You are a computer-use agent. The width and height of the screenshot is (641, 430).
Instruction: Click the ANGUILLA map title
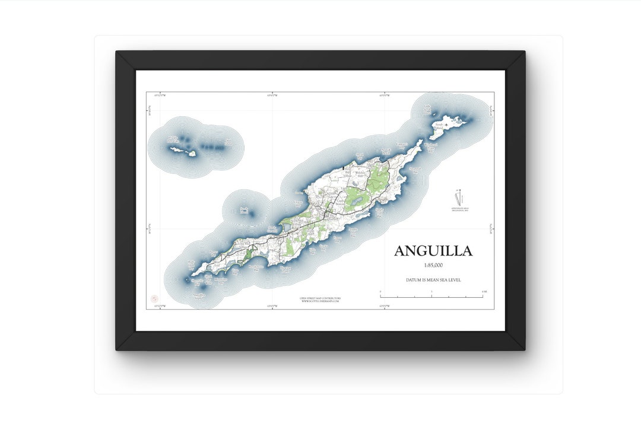(433, 251)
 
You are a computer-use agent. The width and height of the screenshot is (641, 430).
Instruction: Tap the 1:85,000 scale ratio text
(433, 266)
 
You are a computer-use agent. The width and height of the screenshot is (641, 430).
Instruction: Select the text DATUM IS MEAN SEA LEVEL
(433, 279)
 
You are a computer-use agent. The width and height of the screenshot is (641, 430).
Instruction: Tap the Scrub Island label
(439, 125)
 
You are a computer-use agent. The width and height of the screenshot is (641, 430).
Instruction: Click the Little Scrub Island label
(427, 108)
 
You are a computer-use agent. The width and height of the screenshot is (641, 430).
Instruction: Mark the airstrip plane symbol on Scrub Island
(446, 125)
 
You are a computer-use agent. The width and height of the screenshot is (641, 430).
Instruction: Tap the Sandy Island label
(243, 210)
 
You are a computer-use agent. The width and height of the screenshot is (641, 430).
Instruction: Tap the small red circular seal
(154, 299)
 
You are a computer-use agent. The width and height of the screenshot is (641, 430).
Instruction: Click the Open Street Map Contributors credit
(320, 298)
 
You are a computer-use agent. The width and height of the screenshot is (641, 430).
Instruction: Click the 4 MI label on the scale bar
(484, 291)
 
